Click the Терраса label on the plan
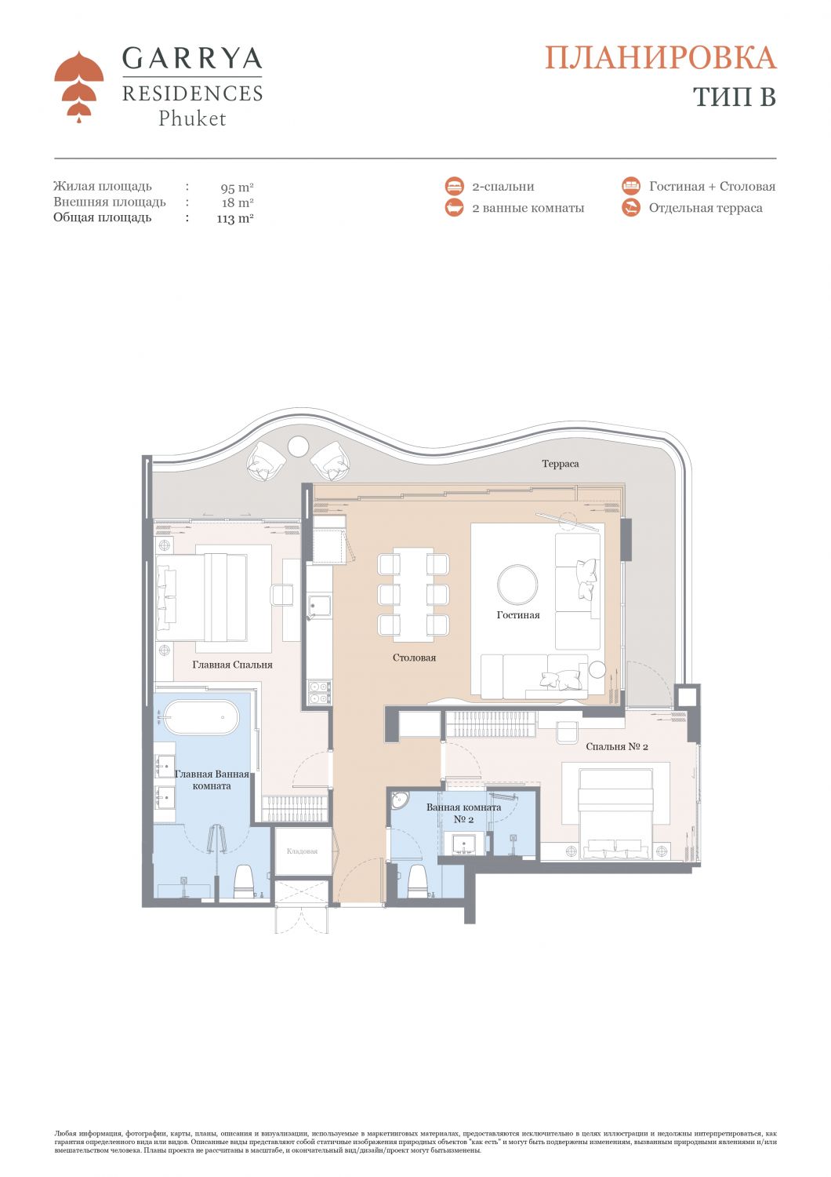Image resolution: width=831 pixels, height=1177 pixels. [560, 464]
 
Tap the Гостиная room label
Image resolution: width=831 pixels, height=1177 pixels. [518, 614]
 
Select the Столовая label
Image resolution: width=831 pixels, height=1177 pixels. [414, 658]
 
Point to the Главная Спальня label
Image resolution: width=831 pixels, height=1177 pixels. [232, 665]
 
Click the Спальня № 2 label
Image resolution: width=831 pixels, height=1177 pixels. [617, 746]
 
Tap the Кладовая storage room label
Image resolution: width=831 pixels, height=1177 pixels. [303, 851]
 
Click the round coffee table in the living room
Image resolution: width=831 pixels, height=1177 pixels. [517, 585]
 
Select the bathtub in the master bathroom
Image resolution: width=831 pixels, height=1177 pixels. [201, 717]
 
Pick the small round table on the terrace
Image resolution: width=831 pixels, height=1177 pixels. [299, 446]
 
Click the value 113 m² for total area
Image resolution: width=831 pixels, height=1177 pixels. [235, 218]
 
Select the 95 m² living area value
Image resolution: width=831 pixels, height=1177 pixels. [238, 187]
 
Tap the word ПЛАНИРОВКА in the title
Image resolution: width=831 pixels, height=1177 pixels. [660, 58]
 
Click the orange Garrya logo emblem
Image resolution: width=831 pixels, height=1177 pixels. [78, 86]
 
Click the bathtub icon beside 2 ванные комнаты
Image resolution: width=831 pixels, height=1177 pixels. [454, 208]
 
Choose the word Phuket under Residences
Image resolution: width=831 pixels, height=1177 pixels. [192, 118]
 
